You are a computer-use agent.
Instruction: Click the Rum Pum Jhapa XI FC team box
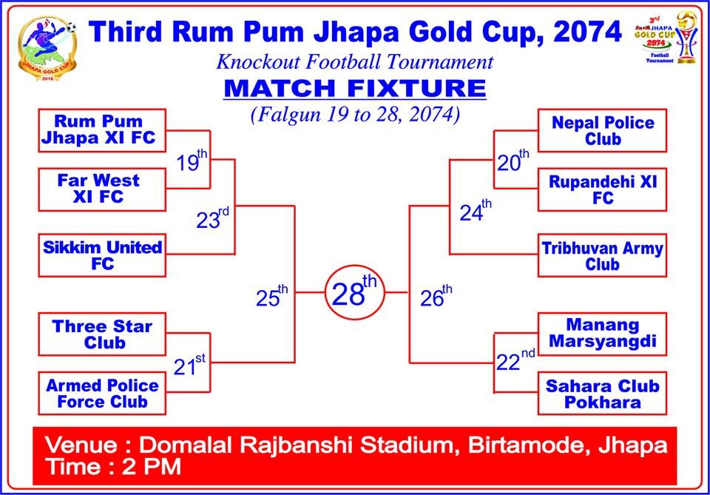click(102, 130)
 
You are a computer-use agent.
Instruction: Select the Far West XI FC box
click(102, 189)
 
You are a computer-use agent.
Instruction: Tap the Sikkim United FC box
click(102, 255)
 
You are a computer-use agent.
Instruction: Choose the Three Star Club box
click(102, 334)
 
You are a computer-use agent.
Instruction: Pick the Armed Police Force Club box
click(102, 393)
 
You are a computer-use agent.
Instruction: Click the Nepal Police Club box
click(602, 130)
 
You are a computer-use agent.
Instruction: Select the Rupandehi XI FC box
click(602, 189)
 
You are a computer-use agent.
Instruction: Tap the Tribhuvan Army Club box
click(602, 255)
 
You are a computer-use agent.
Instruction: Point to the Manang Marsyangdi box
click(602, 334)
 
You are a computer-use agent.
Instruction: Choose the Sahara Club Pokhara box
click(602, 393)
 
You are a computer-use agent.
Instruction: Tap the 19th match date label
click(192, 161)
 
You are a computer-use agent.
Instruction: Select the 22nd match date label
click(515, 360)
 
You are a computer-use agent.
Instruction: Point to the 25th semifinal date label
click(271, 296)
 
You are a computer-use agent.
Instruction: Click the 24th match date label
click(476, 211)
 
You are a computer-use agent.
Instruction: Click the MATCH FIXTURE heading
click(355, 88)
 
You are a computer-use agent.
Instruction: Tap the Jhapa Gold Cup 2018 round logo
click(47, 49)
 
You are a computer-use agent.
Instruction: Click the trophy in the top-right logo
click(686, 37)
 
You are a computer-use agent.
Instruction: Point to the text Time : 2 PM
click(113, 466)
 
